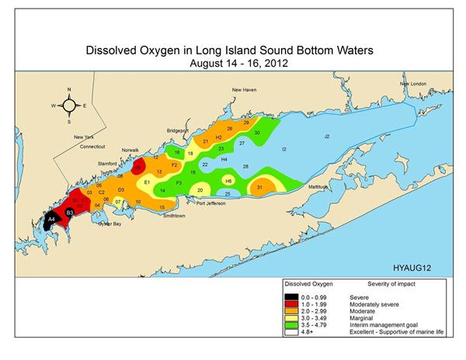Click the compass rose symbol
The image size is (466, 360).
(69, 105)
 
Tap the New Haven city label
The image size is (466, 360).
(245, 90)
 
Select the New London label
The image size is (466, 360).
(414, 84)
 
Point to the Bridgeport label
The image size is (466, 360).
(177, 130)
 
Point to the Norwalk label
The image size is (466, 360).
(129, 150)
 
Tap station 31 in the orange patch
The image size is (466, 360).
(259, 187)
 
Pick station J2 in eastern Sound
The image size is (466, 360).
(327, 136)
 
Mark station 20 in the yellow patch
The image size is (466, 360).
(200, 189)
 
